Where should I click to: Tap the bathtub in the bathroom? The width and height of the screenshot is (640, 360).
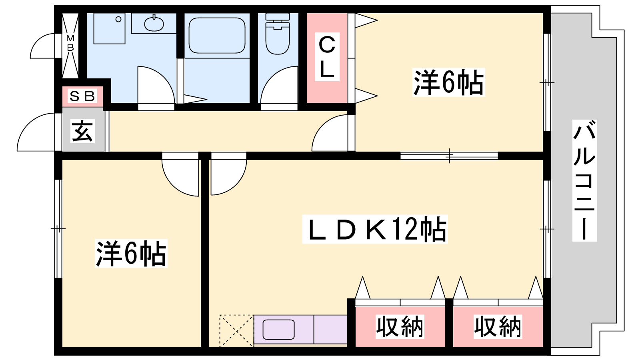[216, 35]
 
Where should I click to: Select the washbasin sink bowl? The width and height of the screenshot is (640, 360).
[154, 24]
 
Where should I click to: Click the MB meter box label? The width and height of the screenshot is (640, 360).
[70, 43]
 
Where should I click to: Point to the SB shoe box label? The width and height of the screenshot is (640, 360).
[82, 96]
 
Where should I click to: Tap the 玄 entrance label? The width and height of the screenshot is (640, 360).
[82, 131]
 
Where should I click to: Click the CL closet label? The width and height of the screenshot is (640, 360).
[327, 56]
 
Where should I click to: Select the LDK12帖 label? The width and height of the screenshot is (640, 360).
[375, 229]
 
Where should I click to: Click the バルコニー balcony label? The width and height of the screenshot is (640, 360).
[584, 180]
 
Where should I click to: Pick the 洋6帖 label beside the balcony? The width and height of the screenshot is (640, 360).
[448, 82]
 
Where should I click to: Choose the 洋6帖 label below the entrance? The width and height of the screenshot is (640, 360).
[131, 253]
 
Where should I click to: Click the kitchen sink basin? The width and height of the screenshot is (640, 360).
[278, 330]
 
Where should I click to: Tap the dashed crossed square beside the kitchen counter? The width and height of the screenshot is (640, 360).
[236, 330]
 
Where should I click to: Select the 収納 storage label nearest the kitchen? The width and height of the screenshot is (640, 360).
[400, 326]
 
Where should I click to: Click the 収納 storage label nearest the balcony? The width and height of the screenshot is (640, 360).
[498, 326]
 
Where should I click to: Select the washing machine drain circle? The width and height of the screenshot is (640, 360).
[118, 19]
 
